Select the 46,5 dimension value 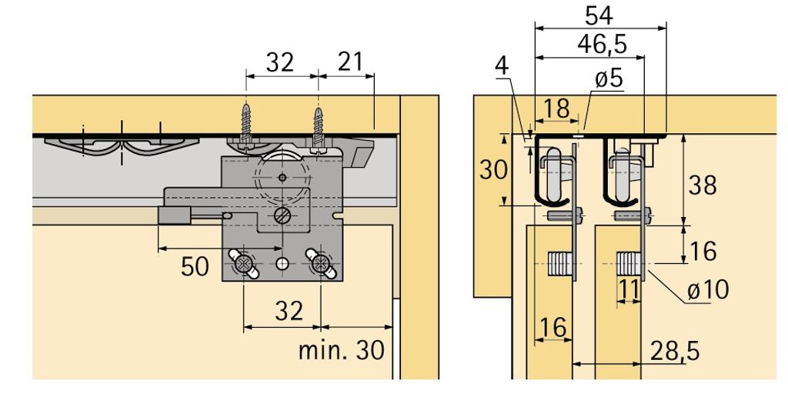(602, 44)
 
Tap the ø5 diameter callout (609, 79)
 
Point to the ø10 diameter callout (708, 289)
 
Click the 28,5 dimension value (674, 351)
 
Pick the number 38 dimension (702, 185)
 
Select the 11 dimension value (628, 289)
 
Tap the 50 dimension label (195, 266)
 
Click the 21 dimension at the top (350, 62)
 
